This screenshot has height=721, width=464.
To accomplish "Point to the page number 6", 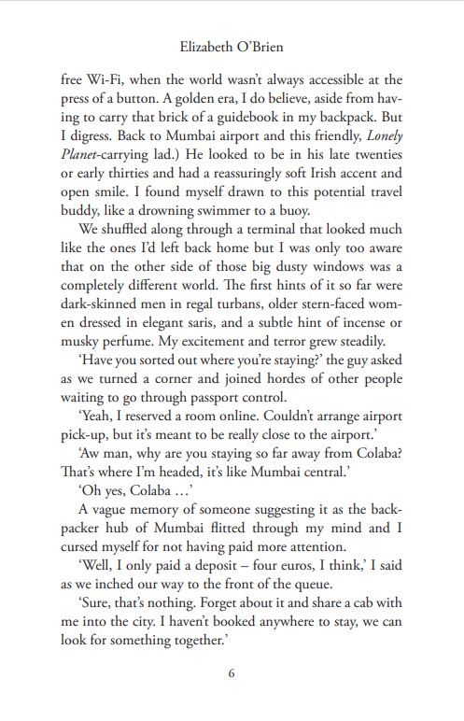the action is pyautogui.click(x=232, y=674).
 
